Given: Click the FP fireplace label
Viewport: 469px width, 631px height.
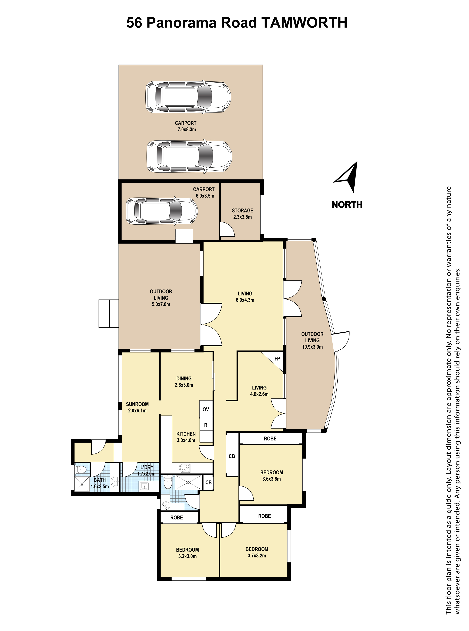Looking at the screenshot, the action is [277, 359].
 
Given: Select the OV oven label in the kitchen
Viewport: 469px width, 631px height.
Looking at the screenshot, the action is [206, 409].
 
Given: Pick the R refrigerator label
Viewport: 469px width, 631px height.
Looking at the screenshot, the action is [206, 425].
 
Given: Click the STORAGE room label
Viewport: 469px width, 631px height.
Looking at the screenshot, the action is [242, 211].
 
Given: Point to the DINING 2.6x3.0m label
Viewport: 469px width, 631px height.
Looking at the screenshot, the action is [184, 382].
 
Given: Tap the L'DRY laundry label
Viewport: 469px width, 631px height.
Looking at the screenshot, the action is [147, 467].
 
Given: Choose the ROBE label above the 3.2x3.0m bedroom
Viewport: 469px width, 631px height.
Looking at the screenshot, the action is [177, 518].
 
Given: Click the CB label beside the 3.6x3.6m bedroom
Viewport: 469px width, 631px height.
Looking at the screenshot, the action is [232, 456].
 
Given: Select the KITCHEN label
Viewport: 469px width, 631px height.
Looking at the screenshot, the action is [186, 434].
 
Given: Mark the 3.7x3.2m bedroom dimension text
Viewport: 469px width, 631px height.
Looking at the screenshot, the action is [257, 556].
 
